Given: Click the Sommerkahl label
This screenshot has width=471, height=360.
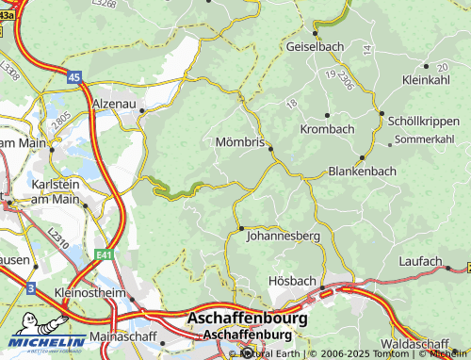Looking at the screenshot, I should coord(423,139).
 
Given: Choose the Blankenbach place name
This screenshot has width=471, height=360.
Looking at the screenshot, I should coord(361,172).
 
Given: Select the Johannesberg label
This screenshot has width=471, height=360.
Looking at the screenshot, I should coord(283,237).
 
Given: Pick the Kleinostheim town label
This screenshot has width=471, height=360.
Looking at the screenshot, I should coord(91,294).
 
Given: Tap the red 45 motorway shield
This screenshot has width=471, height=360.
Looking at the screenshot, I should coord(74,77).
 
